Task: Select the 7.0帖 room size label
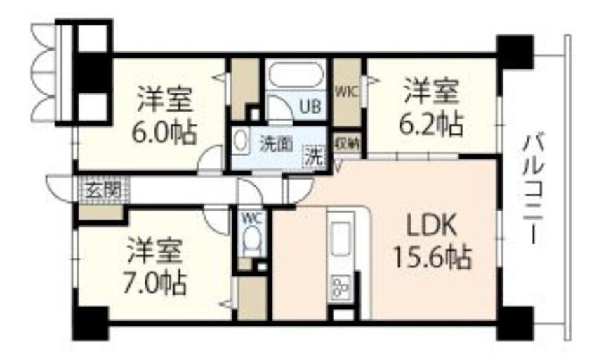point(156,283)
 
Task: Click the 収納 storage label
point(347,142)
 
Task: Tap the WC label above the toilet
point(251,218)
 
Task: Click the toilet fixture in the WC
point(251,242)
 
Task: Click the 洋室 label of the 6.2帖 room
point(431,93)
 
